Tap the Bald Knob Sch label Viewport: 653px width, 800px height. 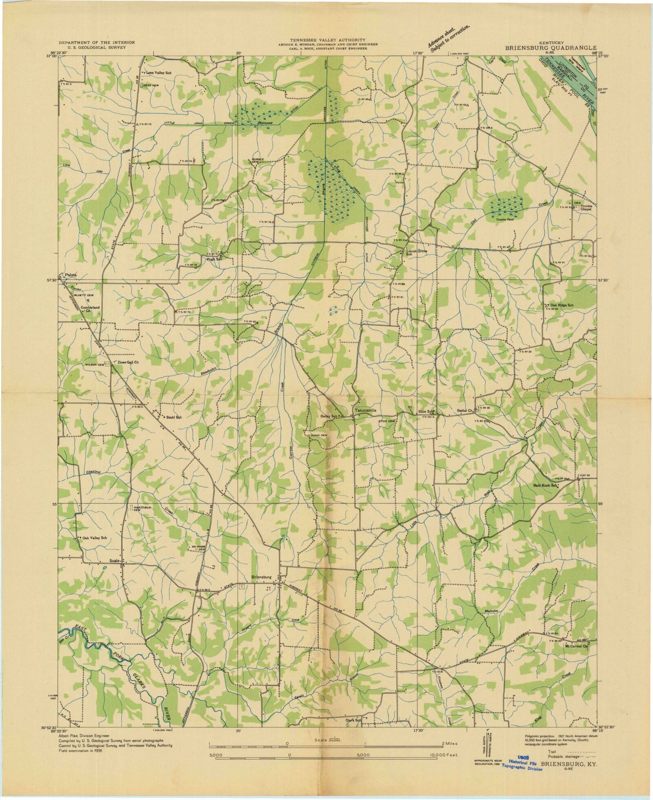(544, 486)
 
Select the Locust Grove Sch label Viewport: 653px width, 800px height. (417, 252)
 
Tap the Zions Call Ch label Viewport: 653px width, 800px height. (127, 362)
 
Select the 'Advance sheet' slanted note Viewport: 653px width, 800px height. (449, 38)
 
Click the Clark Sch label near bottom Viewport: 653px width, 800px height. (354, 733)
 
